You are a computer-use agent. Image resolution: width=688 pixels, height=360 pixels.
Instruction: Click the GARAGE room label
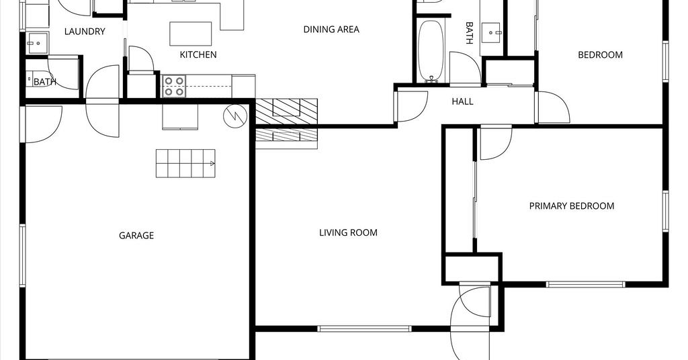point(136,236)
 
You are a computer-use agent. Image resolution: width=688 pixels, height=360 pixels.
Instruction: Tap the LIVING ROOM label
point(348,232)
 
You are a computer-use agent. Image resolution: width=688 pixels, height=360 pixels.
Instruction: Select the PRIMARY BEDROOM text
point(571,206)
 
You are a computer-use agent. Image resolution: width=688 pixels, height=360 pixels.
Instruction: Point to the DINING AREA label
point(331,30)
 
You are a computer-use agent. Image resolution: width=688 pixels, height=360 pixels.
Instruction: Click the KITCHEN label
point(198,55)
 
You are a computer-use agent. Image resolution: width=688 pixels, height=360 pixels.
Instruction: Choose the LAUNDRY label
point(85,32)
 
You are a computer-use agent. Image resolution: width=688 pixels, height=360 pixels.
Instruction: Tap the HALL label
point(462,101)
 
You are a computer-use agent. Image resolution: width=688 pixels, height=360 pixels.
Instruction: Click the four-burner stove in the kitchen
point(174,87)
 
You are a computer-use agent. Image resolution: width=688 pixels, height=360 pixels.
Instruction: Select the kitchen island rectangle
point(191,34)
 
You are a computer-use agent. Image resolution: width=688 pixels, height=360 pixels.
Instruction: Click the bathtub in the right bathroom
point(431,52)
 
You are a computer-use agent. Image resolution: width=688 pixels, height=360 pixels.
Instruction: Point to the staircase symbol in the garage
point(185,163)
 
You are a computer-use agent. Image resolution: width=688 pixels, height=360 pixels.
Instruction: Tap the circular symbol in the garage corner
point(235,116)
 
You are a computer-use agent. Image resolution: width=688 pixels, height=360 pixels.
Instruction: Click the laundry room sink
point(38,43)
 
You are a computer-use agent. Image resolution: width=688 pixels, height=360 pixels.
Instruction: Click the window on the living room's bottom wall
point(364,328)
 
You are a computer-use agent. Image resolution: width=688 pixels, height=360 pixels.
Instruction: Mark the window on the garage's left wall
point(22,256)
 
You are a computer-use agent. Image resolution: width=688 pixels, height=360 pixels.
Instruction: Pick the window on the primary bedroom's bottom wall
point(585,285)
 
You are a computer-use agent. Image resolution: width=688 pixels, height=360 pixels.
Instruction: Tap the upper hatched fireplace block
point(286,111)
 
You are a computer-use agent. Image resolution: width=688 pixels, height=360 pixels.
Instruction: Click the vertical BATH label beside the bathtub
point(468,34)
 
